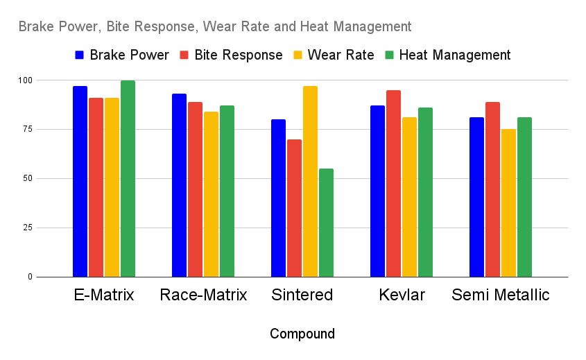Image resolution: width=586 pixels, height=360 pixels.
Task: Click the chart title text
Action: [215, 27]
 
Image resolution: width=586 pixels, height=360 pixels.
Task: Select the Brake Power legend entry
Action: [122, 55]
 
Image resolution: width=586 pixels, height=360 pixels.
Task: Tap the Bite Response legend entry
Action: [231, 55]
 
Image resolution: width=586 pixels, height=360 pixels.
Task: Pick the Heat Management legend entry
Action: [447, 55]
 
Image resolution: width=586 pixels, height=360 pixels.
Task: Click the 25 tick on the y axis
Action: [26, 228]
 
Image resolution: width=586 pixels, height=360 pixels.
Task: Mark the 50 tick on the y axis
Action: [26, 178]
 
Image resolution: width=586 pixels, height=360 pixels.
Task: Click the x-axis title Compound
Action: [302, 334]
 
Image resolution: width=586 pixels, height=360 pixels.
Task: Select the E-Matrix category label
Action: [104, 295]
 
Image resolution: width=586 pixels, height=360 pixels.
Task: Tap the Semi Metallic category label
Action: [500, 295]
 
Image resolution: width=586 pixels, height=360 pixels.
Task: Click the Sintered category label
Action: [302, 295]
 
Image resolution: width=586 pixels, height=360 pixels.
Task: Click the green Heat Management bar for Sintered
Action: [326, 223]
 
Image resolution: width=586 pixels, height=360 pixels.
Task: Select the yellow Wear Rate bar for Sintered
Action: [310, 181]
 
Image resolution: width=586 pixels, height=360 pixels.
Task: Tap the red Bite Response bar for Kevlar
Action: [393, 183]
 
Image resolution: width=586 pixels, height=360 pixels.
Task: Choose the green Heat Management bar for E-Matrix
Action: [128, 178]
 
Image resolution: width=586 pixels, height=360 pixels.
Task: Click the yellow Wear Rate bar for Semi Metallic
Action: [508, 203]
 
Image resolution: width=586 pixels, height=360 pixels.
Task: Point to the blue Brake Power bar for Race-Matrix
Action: [180, 185]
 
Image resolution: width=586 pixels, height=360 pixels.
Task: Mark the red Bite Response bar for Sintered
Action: [294, 208]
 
